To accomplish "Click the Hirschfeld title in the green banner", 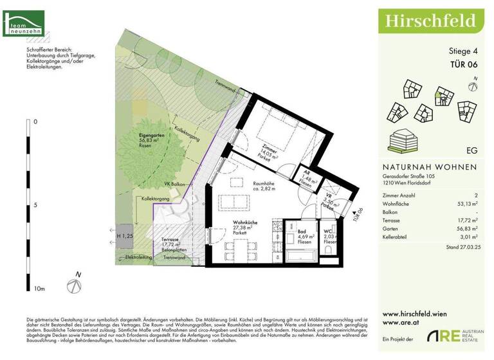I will [430, 21].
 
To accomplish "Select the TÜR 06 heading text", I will [462, 64].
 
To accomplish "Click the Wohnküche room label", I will [246, 224].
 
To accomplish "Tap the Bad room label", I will [301, 233].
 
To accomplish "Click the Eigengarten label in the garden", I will [154, 136].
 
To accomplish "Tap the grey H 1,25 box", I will [125, 236].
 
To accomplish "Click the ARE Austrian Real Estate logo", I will [457, 337].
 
